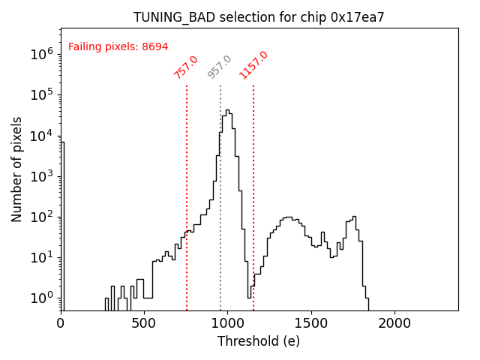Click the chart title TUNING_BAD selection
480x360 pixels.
(x=259, y=17)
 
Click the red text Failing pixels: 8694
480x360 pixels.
(x=118, y=46)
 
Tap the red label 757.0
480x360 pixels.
(x=186, y=67)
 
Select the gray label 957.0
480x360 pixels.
(x=220, y=67)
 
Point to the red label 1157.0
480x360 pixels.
(x=253, y=64)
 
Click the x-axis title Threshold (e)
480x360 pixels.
(x=259, y=341)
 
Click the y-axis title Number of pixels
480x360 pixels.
(x=16, y=169)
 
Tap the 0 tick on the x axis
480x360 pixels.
(x=61, y=323)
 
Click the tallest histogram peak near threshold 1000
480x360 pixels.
(x=227, y=110)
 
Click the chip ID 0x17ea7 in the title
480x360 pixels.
(x=357, y=17)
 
